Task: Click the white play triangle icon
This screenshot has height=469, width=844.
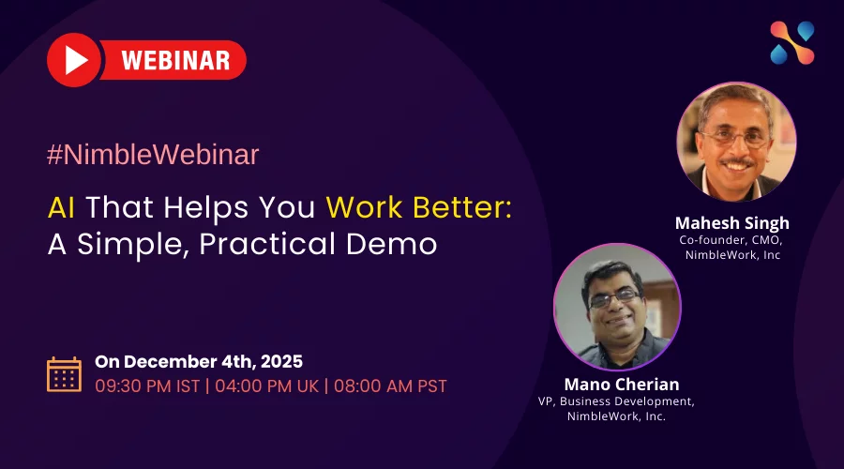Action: coord(76,60)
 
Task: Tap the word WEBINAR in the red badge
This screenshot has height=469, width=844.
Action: coord(176,60)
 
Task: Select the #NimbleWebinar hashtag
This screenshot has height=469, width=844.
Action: coord(153,155)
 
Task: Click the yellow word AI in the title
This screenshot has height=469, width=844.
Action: coord(61,207)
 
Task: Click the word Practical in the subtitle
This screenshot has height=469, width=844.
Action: coord(267,245)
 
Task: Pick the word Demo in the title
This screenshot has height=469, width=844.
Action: coord(391,245)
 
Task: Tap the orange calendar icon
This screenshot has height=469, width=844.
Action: coord(64,374)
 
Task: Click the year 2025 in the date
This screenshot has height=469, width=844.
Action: coord(281,361)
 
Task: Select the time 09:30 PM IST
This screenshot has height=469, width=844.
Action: coord(147,386)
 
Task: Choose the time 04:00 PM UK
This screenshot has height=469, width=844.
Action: coord(267,386)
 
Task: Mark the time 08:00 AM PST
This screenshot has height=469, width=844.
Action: coord(390,386)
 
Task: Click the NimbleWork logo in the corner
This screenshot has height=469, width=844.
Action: coord(792,42)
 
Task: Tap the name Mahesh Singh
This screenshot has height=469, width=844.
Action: coord(732,223)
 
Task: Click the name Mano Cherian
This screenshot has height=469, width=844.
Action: coord(622,385)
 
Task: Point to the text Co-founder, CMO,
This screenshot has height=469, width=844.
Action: coord(731,240)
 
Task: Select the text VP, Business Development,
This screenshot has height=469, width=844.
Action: coord(616,401)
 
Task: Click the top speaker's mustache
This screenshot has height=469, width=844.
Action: coord(737,161)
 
